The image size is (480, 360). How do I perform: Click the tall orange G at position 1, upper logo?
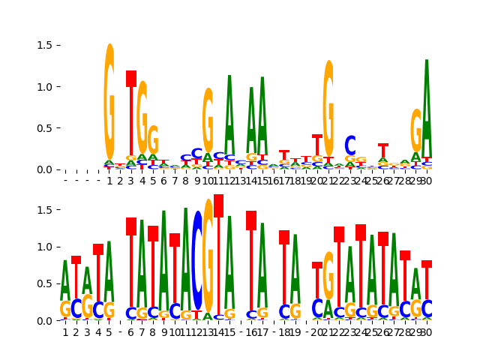(x=109, y=101)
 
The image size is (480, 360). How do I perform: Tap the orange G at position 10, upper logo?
(x=208, y=120)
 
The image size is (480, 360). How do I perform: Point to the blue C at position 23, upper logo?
(x=350, y=145)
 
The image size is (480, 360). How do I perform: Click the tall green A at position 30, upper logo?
(x=427, y=105)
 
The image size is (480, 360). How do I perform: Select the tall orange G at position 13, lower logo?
(x=208, y=255)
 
